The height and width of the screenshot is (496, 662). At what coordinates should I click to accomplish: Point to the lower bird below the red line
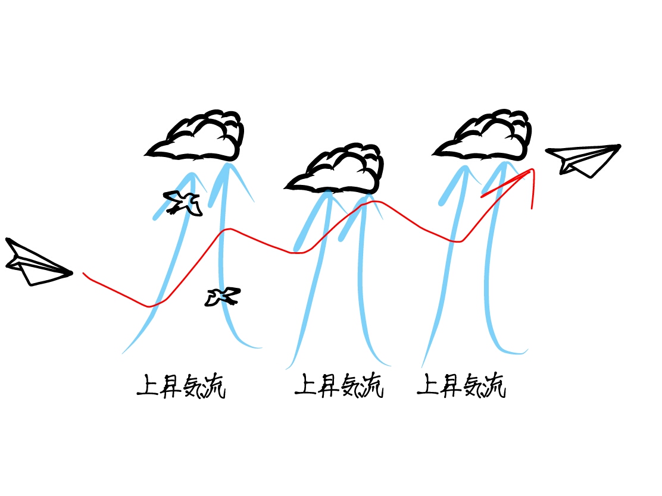223,296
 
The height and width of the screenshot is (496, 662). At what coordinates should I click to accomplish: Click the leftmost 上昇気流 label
182,386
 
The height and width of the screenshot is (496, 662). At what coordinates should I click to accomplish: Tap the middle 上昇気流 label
339,386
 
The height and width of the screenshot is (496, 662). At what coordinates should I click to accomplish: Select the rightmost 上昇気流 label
461,386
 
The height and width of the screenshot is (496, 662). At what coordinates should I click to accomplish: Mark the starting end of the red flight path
83,273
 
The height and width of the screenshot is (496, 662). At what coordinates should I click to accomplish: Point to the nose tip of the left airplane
71,274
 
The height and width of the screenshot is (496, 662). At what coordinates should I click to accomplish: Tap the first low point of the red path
149,307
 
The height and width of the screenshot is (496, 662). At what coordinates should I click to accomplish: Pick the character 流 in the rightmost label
494,387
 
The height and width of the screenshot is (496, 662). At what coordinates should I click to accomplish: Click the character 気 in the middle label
351,387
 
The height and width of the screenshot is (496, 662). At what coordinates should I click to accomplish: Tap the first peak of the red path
226,229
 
